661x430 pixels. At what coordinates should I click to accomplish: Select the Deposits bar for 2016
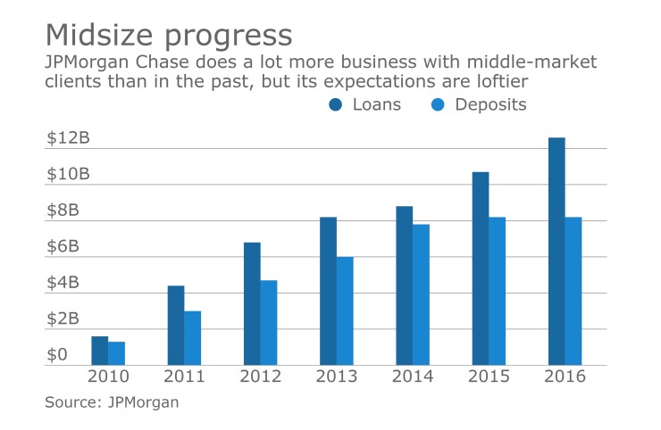click(573, 291)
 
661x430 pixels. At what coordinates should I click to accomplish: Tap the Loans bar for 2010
click(99, 351)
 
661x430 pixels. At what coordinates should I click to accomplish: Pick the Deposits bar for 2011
click(192, 338)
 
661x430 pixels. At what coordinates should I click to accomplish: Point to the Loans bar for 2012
click(252, 303)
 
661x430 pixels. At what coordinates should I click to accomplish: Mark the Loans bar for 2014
click(404, 285)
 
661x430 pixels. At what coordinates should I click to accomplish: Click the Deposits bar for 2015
click(497, 291)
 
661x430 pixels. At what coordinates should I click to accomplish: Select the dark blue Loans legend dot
click(336, 105)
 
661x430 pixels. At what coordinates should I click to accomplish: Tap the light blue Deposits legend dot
click(438, 105)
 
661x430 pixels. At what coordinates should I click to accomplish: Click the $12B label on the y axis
click(68, 138)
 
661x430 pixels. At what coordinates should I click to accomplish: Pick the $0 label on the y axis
click(57, 355)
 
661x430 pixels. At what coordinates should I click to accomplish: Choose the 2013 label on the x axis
click(336, 376)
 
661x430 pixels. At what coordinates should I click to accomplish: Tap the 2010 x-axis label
click(107, 376)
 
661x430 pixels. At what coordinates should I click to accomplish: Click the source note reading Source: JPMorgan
click(112, 402)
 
